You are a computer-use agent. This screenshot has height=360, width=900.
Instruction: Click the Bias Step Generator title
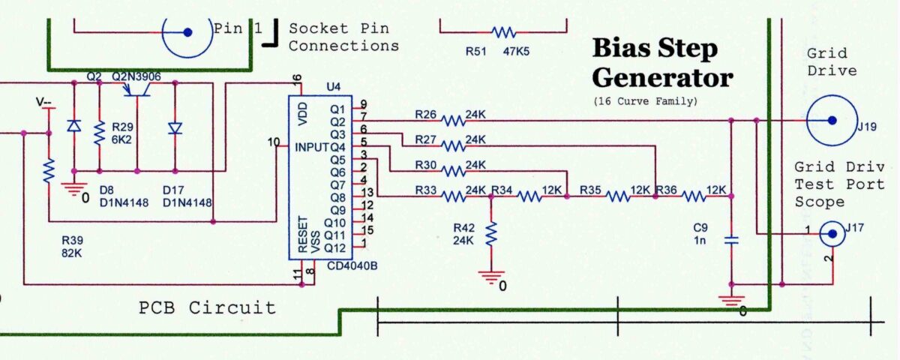click(x=661, y=63)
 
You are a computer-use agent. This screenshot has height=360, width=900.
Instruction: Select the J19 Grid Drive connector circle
click(x=831, y=120)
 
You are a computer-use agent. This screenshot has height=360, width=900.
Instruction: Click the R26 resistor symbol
click(x=454, y=120)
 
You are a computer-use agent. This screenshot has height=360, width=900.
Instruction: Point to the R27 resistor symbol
click(x=454, y=144)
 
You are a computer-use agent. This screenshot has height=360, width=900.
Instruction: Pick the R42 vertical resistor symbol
click(x=490, y=235)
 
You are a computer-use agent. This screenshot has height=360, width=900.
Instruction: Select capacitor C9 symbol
click(x=731, y=241)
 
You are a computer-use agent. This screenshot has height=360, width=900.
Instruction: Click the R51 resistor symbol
click(x=503, y=32)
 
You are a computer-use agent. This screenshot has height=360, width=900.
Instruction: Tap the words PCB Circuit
click(x=207, y=307)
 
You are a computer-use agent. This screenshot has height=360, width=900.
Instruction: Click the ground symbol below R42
click(x=490, y=277)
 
